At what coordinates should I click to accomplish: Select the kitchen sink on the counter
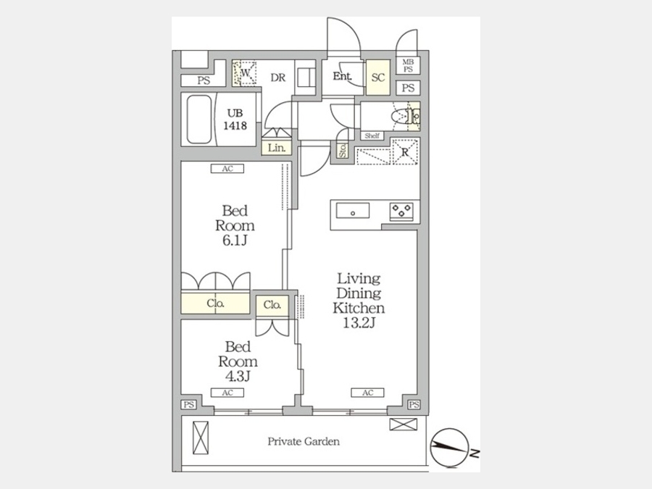click(353, 211)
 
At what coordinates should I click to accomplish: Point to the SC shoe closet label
click(378, 78)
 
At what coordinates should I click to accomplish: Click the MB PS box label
click(408, 66)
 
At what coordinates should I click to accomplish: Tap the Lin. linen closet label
click(277, 148)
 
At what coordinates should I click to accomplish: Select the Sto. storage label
click(343, 151)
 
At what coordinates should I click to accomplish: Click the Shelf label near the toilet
click(372, 135)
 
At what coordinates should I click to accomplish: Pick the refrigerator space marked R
click(405, 151)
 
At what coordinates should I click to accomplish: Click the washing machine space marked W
click(245, 73)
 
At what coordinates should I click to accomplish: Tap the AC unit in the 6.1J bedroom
click(227, 168)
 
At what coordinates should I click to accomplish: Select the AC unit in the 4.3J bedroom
click(227, 393)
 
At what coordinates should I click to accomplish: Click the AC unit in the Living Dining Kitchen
click(367, 393)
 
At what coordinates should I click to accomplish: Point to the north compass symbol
click(450, 448)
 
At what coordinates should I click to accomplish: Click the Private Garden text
click(304, 441)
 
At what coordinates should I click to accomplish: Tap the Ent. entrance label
click(342, 77)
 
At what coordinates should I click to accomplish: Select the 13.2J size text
click(359, 322)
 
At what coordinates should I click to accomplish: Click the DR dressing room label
click(277, 78)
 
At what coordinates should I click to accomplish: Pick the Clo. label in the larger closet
click(215, 304)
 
